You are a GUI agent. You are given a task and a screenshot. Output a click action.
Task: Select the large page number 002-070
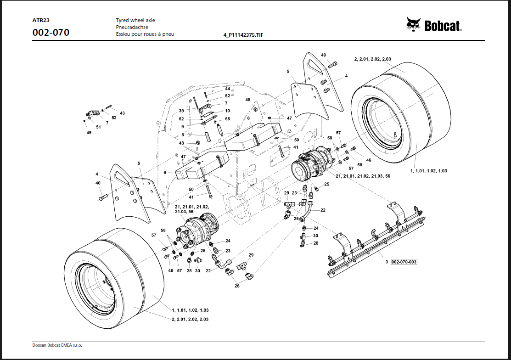[51, 33]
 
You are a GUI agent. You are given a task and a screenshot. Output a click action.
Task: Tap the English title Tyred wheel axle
[135, 21]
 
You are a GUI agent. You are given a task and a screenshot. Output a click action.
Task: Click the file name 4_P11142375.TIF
[243, 35]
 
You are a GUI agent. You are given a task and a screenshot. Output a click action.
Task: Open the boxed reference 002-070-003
[404, 262]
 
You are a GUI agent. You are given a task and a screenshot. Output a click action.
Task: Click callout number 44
[227, 88]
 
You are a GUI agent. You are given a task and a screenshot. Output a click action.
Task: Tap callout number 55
[227, 119]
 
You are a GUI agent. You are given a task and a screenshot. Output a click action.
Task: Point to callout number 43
[122, 113]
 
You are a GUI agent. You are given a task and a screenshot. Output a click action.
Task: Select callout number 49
[89, 133]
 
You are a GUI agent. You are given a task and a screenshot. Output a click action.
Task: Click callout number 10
[227, 111]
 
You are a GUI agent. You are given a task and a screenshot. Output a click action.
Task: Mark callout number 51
[99, 127]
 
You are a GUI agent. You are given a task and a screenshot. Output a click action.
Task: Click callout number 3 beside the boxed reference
[387, 262]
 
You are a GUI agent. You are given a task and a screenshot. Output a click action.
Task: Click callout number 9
[182, 127]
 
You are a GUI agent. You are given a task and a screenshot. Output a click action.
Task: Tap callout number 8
[182, 135]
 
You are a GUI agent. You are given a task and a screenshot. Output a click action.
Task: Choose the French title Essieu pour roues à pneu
[145, 34]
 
